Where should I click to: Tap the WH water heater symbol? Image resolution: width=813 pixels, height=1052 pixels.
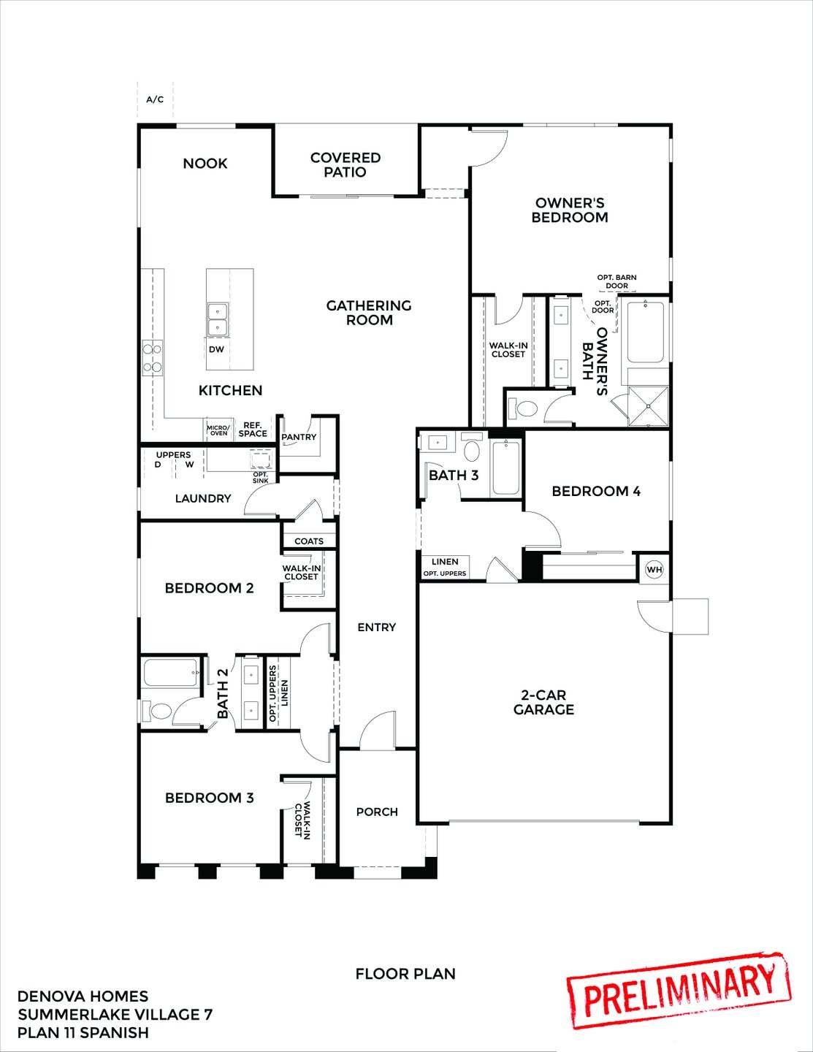654,569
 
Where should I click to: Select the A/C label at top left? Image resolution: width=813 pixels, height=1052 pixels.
155,99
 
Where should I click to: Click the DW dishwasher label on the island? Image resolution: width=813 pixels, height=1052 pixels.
216,349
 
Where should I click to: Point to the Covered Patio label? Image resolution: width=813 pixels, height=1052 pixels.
346,164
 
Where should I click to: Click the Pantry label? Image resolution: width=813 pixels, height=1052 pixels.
299,437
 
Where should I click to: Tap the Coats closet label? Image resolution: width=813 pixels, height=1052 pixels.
309,541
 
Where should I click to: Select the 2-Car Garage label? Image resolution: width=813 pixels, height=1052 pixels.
543,702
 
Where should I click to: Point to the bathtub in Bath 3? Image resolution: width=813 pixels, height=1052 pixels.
505,468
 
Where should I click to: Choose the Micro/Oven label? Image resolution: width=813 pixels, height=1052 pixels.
218,430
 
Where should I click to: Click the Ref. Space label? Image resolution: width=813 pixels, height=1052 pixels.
253,430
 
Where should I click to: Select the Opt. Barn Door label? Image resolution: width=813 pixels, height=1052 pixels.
617,281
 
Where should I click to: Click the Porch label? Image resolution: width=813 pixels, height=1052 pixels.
377,812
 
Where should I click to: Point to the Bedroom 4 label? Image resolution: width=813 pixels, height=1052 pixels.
596,491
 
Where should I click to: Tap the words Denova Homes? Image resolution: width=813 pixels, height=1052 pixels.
83,996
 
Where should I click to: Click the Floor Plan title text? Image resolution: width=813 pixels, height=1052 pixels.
405,974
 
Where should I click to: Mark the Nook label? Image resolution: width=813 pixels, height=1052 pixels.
205,163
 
